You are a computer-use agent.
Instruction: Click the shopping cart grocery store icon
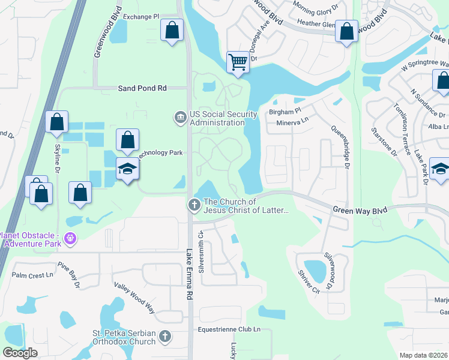pos(238,61)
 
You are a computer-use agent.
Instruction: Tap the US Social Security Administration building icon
pos(179,117)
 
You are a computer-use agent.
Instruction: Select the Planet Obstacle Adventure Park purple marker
pos(71,239)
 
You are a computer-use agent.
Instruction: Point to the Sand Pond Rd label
pos(143,88)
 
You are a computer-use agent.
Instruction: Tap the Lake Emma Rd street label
pos(190,274)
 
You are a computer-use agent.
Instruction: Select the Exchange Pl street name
pos(142,17)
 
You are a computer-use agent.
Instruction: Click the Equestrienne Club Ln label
pos(231,329)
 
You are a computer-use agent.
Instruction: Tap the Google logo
pos(20,353)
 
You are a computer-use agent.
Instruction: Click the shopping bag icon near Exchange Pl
pos(172,29)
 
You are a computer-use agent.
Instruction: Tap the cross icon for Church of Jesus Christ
pos(194,205)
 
